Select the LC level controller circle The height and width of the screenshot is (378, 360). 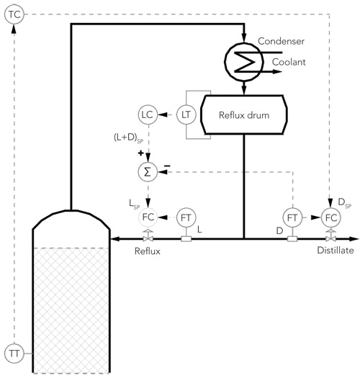click(x=148, y=114)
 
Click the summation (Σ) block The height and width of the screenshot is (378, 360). click(x=148, y=171)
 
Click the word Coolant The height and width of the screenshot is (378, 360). click(x=289, y=63)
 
